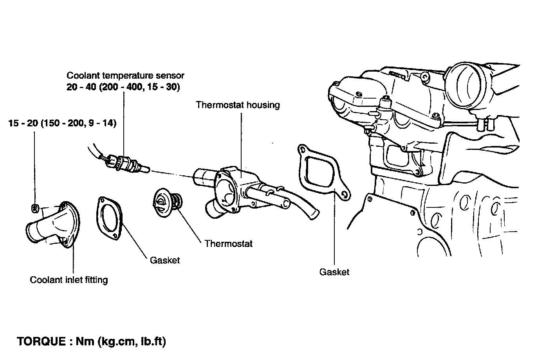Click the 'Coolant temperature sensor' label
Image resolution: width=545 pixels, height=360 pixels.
[x=125, y=75]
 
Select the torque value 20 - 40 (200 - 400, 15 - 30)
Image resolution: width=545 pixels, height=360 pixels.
[x=123, y=87]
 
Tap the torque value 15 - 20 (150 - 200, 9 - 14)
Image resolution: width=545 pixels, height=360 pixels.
[x=62, y=124]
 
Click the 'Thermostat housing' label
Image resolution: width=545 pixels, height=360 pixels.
[x=238, y=105]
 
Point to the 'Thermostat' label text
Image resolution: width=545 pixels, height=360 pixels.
[x=228, y=244]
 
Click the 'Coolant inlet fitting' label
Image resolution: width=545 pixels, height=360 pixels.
[x=69, y=280]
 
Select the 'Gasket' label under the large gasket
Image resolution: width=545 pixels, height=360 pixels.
[x=334, y=272]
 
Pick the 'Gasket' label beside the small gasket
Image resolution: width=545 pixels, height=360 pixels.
[x=165, y=260]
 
